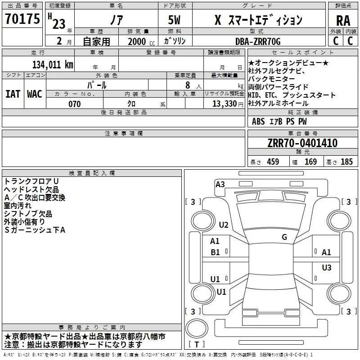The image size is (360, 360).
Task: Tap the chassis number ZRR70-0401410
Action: click(x=302, y=143)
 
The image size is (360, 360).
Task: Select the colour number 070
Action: click(x=74, y=104)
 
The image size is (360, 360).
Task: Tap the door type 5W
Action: click(x=175, y=20)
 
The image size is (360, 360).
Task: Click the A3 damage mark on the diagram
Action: click(x=220, y=184)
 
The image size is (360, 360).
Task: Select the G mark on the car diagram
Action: click(x=284, y=237)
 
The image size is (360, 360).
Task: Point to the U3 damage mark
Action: click(x=326, y=268)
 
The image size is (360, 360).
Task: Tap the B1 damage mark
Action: click(x=215, y=252)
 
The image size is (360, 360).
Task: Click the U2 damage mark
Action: click(x=224, y=225)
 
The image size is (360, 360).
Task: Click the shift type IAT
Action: click(x=13, y=94)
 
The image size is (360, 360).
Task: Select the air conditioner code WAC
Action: click(x=35, y=94)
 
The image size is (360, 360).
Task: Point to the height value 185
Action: click(x=346, y=162)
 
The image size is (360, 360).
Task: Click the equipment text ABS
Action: click(x=258, y=121)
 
